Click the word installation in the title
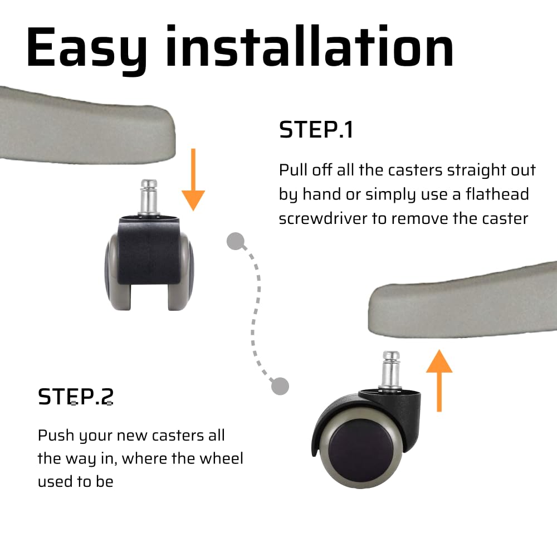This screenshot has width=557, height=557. [310, 46]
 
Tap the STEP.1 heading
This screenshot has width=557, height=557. [316, 130]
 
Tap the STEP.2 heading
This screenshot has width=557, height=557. [76, 397]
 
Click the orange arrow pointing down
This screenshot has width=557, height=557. [193, 179]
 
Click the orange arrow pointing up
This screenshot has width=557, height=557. [439, 380]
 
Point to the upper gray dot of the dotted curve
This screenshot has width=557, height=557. [236, 241]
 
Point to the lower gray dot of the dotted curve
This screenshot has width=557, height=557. [280, 386]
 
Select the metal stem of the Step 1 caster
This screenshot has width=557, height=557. [149, 197]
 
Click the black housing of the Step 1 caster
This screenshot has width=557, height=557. [149, 251]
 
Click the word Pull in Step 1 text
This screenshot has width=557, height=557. [294, 170]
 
